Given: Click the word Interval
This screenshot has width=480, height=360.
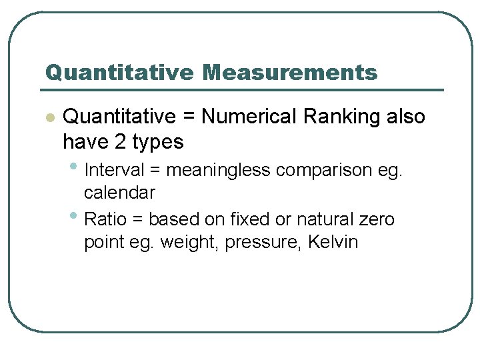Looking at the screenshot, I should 116,171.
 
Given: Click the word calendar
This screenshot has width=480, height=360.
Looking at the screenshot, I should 119,193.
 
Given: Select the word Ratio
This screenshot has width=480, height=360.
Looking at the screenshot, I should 106,219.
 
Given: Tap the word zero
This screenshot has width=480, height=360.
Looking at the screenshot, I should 377,220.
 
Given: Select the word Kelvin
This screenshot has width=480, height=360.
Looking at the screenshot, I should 333,242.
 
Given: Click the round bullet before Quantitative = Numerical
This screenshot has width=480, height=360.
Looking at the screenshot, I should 49,118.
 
